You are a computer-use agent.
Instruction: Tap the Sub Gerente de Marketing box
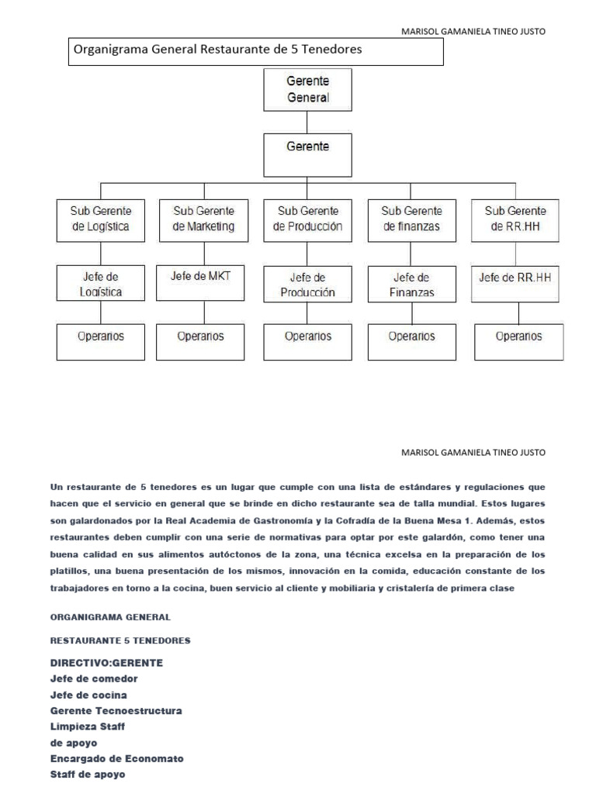pos(203,220)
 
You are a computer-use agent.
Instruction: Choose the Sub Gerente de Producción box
pos(307,220)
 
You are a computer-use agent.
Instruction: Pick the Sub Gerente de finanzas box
pos(411,220)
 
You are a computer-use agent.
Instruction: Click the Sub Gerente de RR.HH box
pos(515,220)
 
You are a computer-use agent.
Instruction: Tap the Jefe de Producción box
pos(307,285)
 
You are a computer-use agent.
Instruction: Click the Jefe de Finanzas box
pos(411,284)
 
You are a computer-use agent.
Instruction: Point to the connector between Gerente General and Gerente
pos(308,122)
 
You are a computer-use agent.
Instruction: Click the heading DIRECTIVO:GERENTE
pos(106,664)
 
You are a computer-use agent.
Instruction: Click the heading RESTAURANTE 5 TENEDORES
pos(120,640)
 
